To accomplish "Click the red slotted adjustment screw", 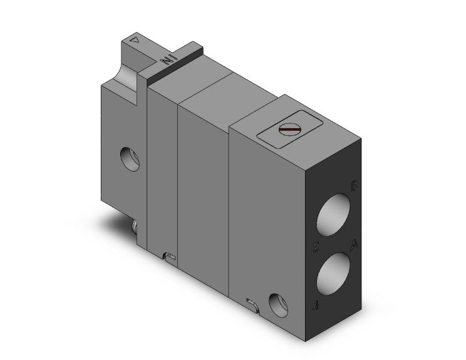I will pos(289,131).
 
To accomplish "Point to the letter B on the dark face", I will pos(355,186).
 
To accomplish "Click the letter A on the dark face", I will pos(355,244).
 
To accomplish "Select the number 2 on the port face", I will pos(316,246).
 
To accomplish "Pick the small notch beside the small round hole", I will pos(252,304).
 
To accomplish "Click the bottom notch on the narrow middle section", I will pos(168,255).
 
